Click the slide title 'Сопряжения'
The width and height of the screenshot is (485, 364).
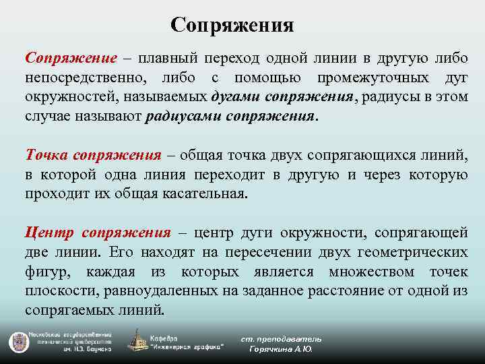pos(232,25)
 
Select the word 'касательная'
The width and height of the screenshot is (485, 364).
pos(210,193)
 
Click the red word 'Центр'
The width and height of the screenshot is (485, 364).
pos(49,233)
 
